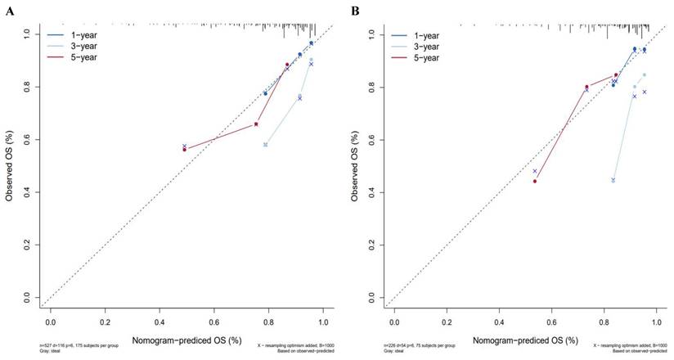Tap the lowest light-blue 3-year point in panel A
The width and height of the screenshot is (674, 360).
(265, 145)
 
